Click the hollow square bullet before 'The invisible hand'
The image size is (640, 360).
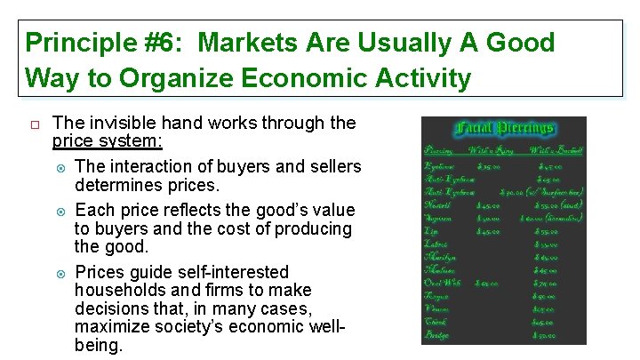pos(32,124)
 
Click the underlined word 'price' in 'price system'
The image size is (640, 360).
pos(71,141)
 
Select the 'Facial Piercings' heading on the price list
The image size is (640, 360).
pos(504,130)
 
